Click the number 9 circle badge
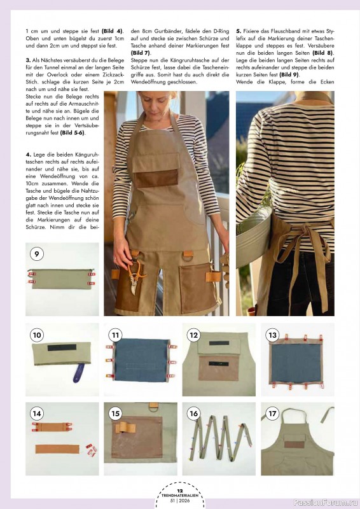click(37, 254)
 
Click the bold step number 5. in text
click(239, 31)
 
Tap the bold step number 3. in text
click(29, 59)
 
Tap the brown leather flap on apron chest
click(157, 178)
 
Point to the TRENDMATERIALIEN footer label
click(180, 496)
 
